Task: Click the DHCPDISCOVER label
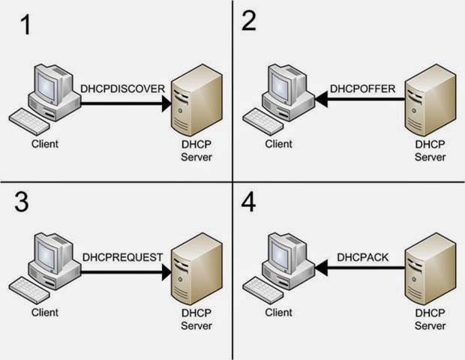coord(122,90)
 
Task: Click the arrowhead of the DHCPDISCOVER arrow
coord(165,105)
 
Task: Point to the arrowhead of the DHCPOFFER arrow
coord(315,96)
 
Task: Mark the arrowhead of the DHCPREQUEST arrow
coord(165,273)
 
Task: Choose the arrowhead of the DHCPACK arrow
coord(315,264)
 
